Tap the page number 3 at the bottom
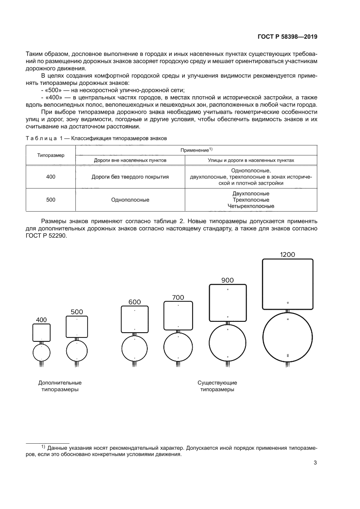pos(315,463)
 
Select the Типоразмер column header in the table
pos(51,155)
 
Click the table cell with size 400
pos(51,177)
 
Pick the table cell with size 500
pos(51,200)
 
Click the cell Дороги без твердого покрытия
pos(130,177)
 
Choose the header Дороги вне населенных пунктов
pos(130,160)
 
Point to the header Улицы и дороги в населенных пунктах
pos(251,160)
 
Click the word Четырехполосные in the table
pos(251,206)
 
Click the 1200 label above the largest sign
pos(288,254)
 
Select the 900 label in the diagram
pos(228,280)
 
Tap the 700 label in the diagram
pos(178,297)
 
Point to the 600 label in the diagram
pos(135,302)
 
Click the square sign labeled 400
pos(41,333)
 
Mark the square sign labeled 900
pos(228,303)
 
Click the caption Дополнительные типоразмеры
pos(60,386)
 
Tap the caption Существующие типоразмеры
pos(217,386)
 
